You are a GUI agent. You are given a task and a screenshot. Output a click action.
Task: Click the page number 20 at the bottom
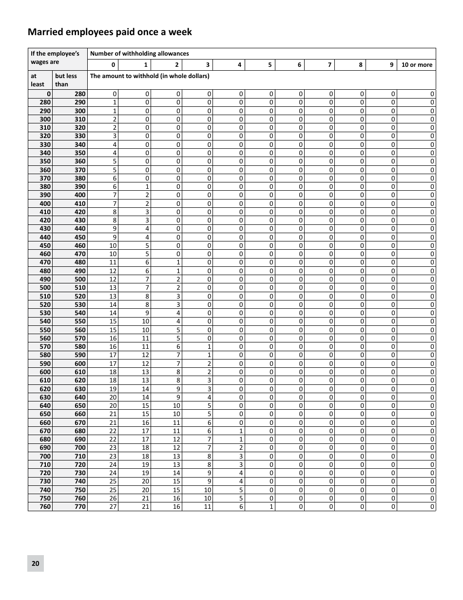point(35,563)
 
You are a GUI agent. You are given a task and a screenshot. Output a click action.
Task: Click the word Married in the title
point(45,32)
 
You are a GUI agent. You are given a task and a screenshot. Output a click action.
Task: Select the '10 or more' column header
point(416,65)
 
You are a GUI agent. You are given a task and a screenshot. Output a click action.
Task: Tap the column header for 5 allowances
point(270,65)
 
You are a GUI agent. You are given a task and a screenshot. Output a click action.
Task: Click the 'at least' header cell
point(38,80)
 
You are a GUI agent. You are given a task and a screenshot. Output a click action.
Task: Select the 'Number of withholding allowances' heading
point(139,54)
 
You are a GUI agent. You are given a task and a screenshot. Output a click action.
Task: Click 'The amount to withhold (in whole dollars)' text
point(150,76)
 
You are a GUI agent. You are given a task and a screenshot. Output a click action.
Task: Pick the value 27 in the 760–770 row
point(113,507)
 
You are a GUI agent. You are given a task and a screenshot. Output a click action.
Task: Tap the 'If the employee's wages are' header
point(55,58)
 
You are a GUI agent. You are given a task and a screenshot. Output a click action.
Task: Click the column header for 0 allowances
point(113,65)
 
